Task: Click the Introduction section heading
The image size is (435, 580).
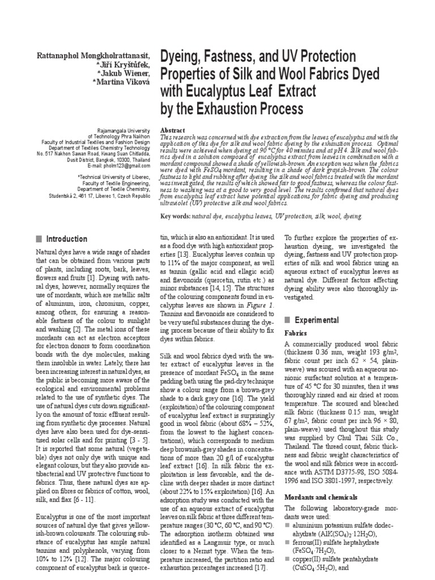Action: click(66, 239)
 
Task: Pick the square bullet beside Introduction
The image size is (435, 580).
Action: click(39, 239)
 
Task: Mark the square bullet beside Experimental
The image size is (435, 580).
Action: click(287, 320)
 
